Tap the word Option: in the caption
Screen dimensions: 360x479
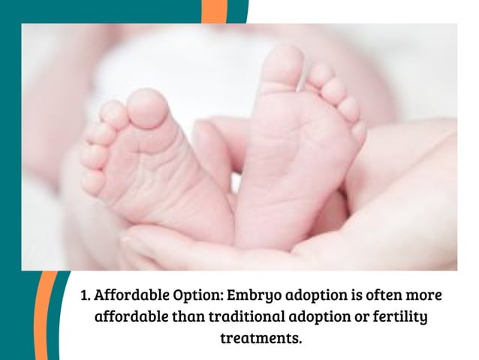click(x=196, y=293)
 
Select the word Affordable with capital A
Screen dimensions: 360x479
click(x=131, y=293)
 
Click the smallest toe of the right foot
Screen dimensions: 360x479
click(x=358, y=132)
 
